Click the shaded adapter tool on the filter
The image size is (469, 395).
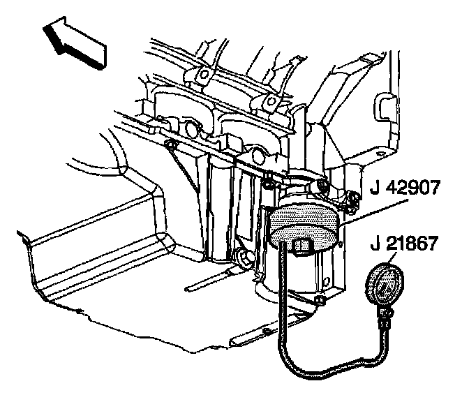tap(302, 224)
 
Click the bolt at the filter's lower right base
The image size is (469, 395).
tap(318, 300)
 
